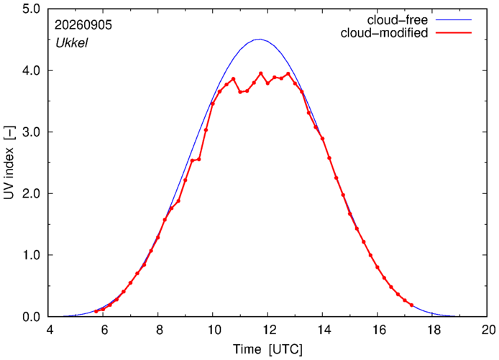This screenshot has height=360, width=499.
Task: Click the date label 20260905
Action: click(x=83, y=25)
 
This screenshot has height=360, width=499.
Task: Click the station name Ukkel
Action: click(x=72, y=43)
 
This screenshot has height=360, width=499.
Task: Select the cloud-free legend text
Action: click(x=398, y=20)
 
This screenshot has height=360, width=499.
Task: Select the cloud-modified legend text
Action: click(x=384, y=33)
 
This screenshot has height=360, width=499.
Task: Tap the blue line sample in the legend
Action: click(x=454, y=20)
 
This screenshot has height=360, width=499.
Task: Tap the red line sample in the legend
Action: click(x=454, y=33)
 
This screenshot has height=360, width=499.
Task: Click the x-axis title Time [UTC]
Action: click(x=267, y=349)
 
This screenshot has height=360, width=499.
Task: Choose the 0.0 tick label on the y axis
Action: click(x=31, y=317)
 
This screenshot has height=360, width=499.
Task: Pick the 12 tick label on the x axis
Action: click(x=267, y=330)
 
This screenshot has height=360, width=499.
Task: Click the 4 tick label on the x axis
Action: click(x=50, y=330)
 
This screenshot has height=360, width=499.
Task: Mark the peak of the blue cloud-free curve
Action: click(x=260, y=39)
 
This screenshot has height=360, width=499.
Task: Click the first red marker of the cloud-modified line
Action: click(x=96, y=311)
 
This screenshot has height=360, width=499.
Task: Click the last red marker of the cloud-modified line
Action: click(x=411, y=305)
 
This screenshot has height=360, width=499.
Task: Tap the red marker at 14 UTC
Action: click(x=322, y=139)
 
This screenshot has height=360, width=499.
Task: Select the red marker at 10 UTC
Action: click(x=213, y=103)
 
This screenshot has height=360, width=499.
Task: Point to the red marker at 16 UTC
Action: click(x=377, y=267)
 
